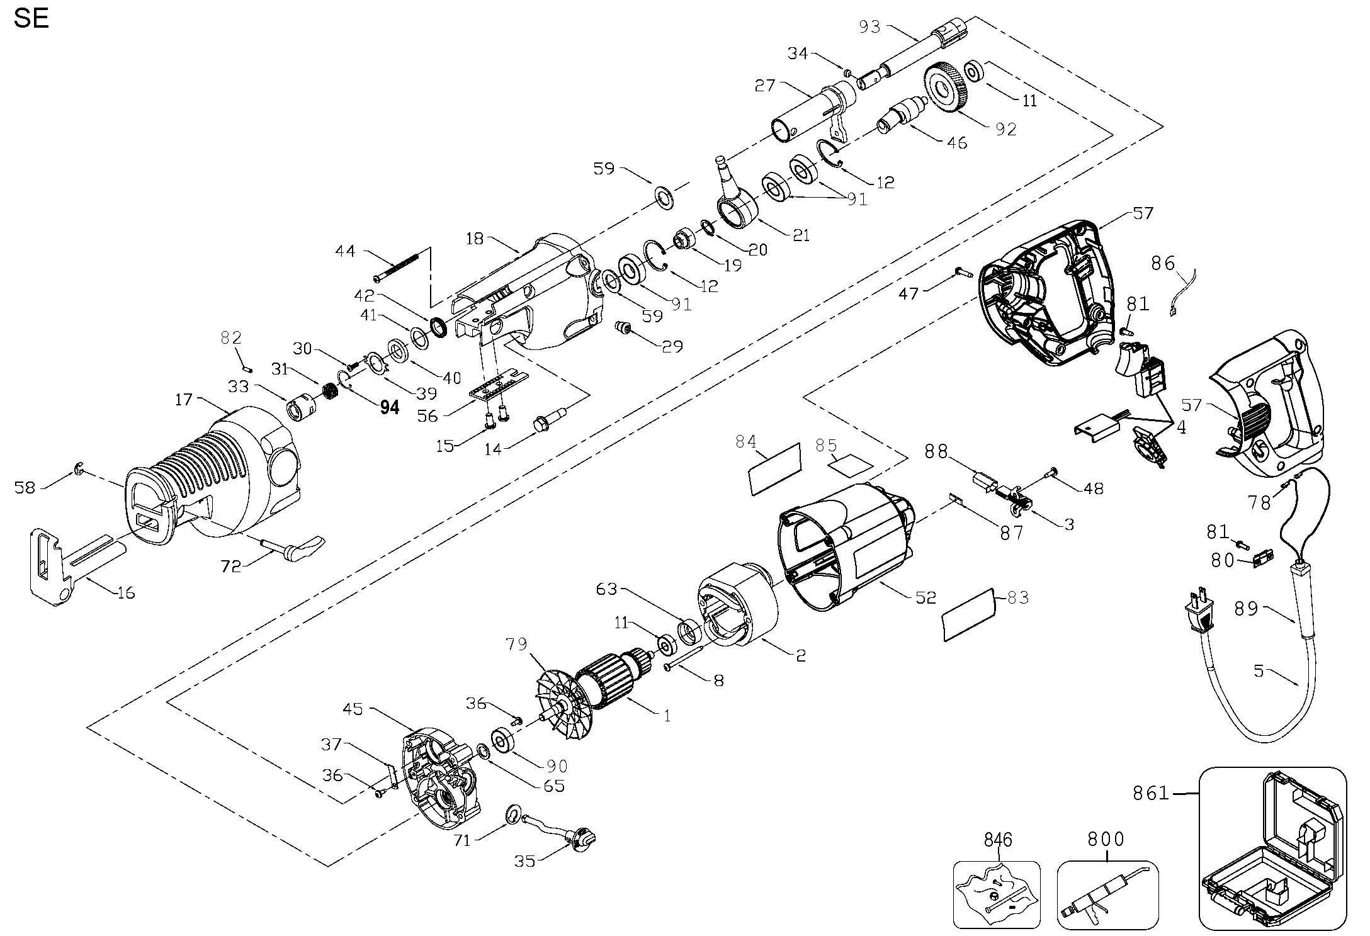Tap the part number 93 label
[x=871, y=27]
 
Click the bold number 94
[x=390, y=408]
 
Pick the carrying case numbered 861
[x=1272, y=857]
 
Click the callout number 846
[x=998, y=840]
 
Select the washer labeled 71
[x=513, y=817]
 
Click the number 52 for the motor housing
[x=926, y=597]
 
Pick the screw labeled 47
[x=964, y=272]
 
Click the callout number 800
[x=1106, y=840]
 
